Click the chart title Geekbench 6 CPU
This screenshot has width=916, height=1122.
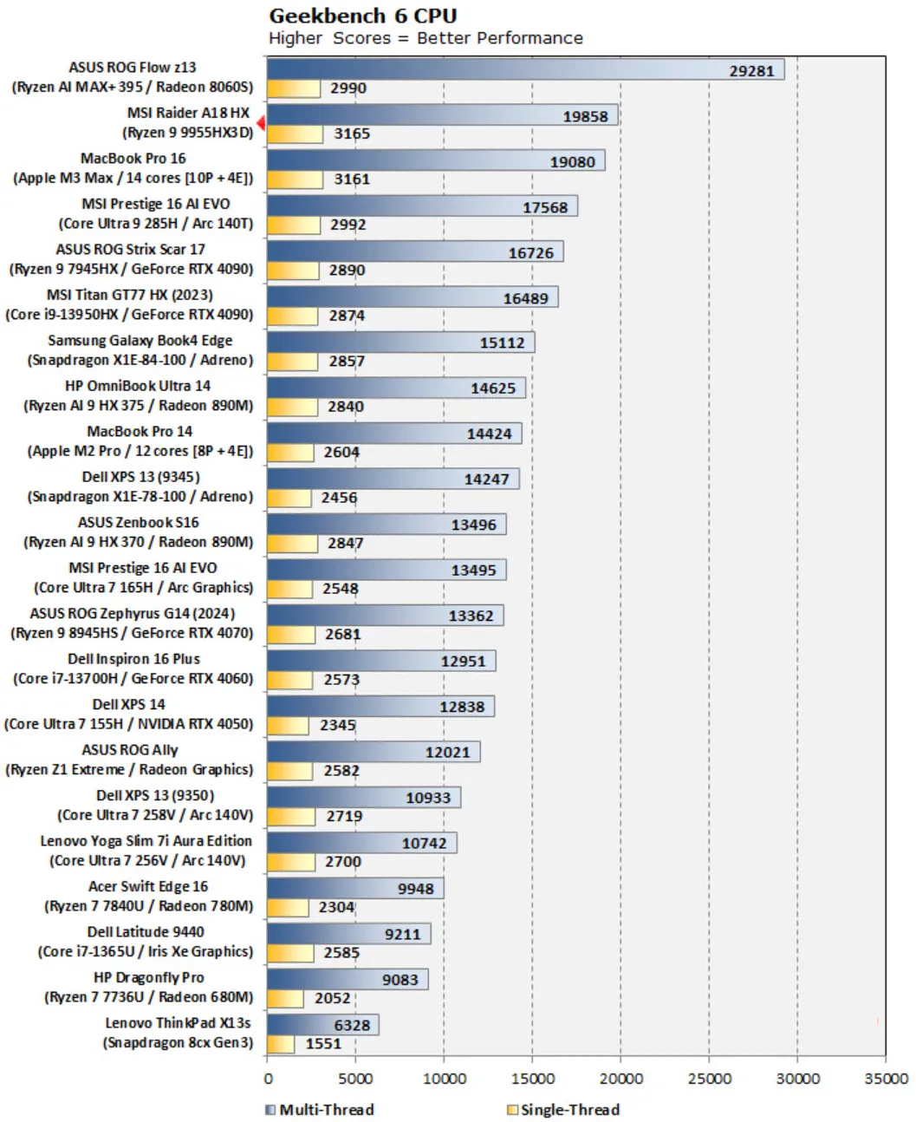362,16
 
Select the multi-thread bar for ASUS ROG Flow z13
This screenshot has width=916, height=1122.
524,69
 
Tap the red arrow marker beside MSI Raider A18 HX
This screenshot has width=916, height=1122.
261,123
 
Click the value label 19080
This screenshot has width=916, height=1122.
572,162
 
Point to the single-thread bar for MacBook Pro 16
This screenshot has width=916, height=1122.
295,179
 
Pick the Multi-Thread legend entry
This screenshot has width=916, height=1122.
320,1110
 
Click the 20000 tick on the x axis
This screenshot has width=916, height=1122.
620,1079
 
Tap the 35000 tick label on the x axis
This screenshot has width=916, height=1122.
885,1079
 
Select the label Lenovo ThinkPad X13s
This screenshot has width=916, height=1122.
178,1023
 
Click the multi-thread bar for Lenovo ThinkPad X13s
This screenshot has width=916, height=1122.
322,1025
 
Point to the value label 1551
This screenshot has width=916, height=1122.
323,1044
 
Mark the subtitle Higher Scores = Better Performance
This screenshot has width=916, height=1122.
426,38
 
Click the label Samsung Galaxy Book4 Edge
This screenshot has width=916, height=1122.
140,341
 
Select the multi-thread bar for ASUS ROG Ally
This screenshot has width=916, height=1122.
373,752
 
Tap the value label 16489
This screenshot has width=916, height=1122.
525,298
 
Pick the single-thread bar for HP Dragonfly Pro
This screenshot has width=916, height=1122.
285,999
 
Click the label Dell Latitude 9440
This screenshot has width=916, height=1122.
146,932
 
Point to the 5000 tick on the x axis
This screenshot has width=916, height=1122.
355,1079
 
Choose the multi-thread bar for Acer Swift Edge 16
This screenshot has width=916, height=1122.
355,888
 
